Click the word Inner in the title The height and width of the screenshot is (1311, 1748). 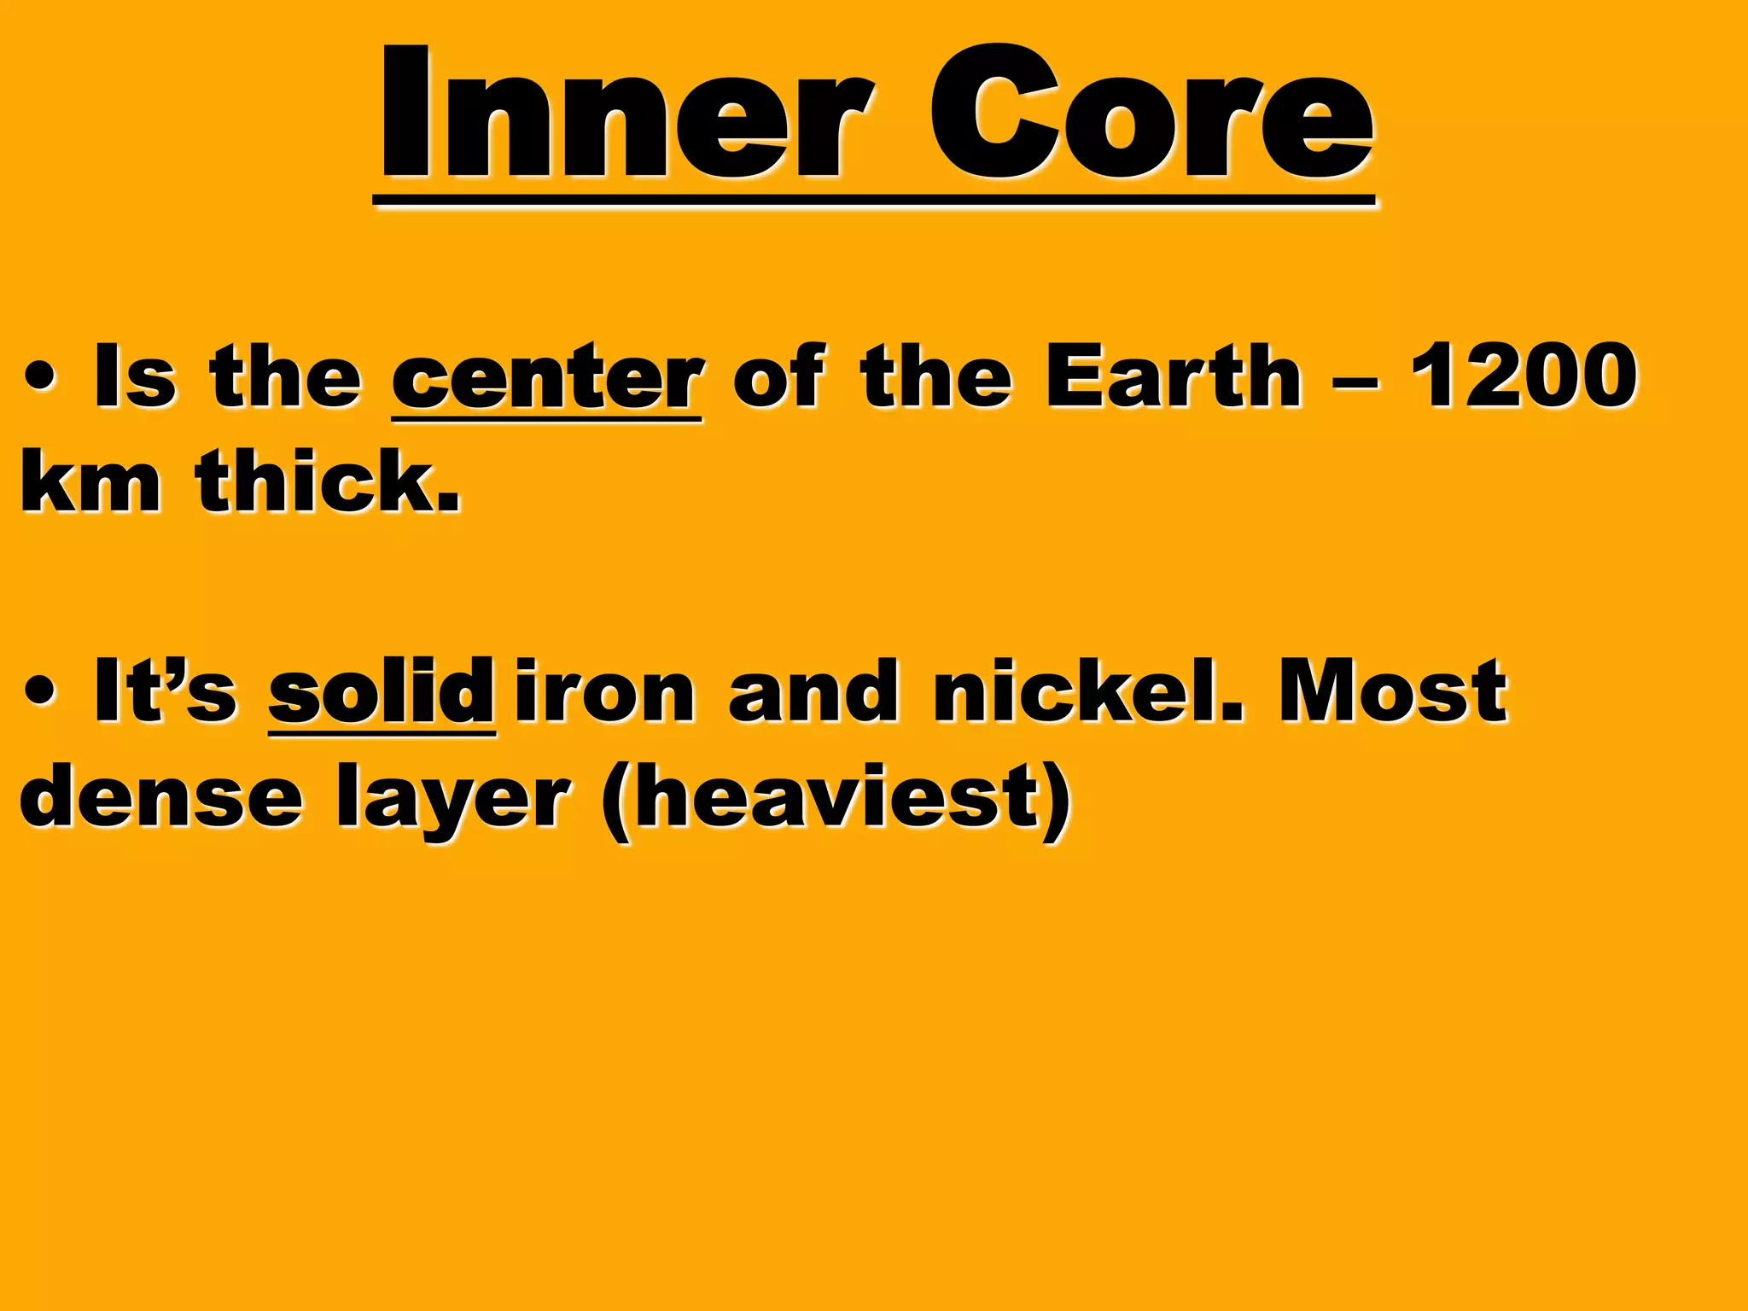point(627,115)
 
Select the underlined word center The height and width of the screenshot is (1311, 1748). point(547,377)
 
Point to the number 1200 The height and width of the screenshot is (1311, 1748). point(1524,376)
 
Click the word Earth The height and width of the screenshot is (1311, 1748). point(1174,376)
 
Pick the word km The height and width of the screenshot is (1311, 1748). point(90,481)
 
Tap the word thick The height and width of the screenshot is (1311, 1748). point(328,481)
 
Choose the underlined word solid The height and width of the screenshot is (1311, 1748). point(381,691)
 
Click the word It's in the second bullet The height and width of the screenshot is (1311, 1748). point(166,691)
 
